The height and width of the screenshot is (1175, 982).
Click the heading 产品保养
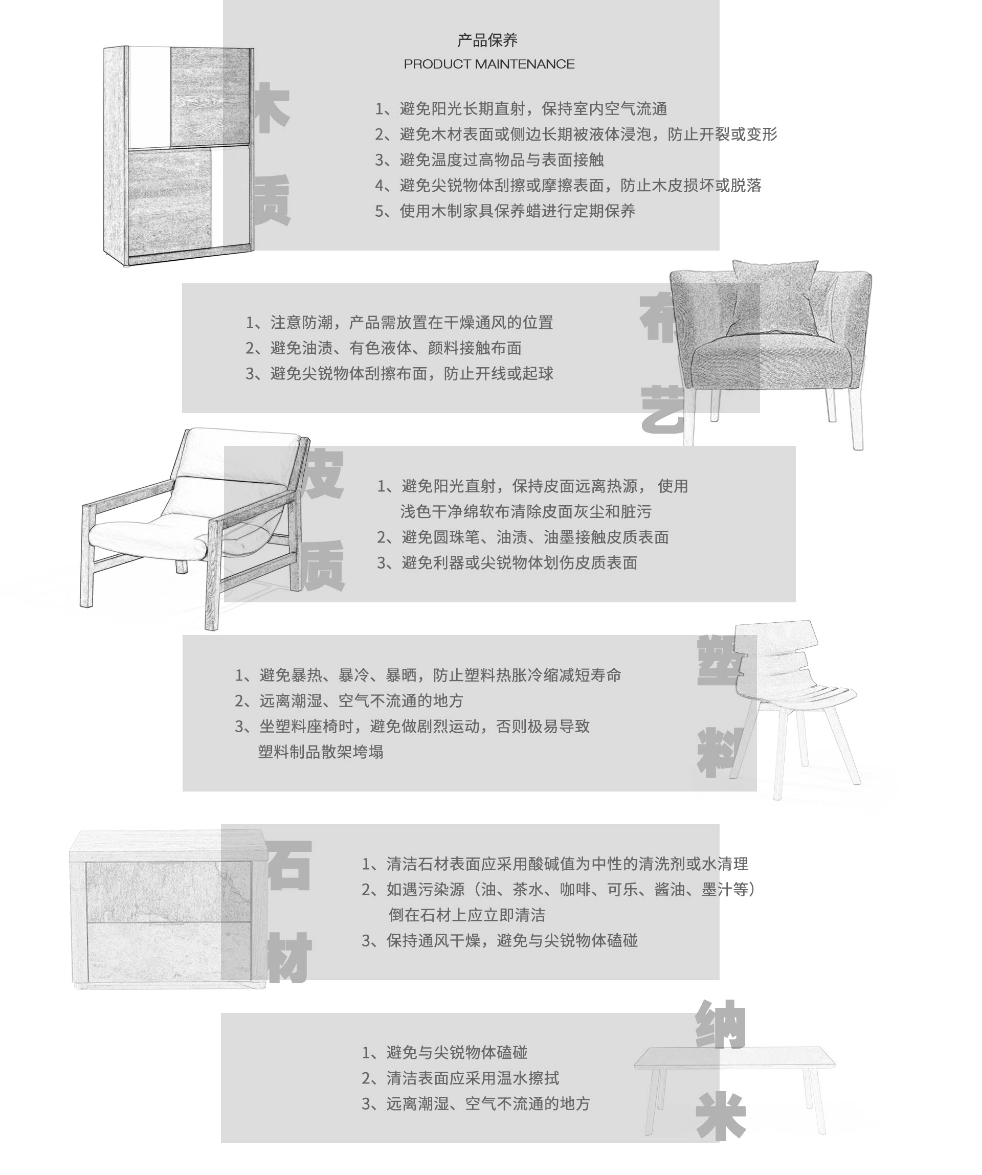click(x=487, y=40)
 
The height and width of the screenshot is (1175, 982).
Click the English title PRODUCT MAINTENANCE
click(x=489, y=64)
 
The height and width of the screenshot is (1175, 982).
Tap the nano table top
click(x=734, y=1056)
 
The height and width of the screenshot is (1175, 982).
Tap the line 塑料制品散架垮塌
click(x=321, y=752)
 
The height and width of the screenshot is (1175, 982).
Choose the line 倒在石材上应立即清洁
click(x=466, y=915)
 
